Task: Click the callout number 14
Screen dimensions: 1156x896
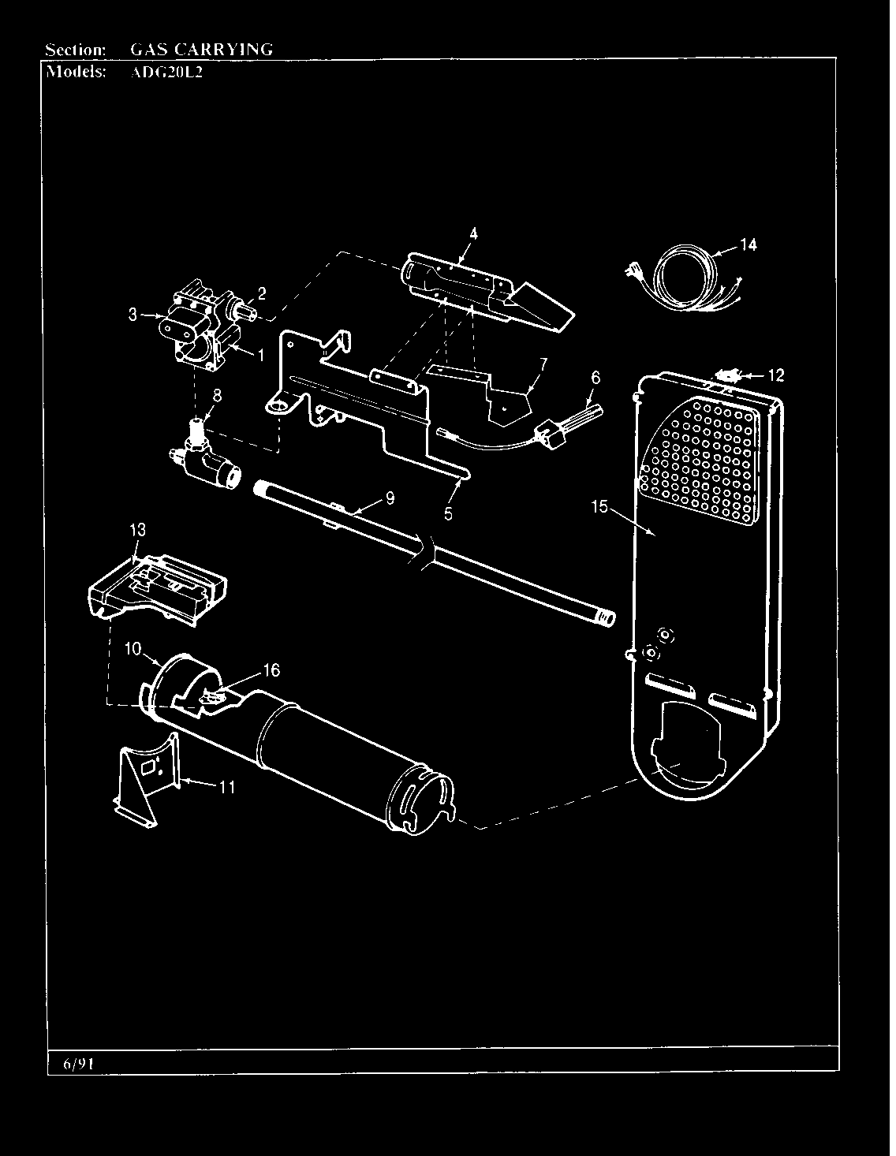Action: pos(748,245)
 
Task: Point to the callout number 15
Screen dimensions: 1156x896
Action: pos(599,506)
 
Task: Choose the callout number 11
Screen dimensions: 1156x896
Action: pos(226,786)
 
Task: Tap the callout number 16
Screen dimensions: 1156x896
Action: pos(271,670)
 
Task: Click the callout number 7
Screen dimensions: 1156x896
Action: pos(543,364)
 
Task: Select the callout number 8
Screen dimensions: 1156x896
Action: pos(216,397)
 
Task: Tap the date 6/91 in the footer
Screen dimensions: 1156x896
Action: pos(78,1064)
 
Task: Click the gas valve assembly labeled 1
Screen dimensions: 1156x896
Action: pos(197,331)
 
